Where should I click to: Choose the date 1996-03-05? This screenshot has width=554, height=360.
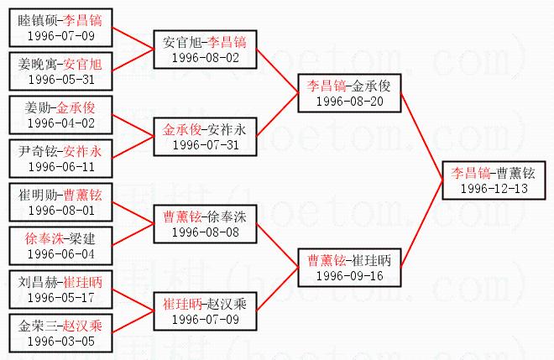pyautogui.click(x=60, y=341)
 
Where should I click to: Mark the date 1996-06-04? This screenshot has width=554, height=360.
pyautogui.click(x=60, y=254)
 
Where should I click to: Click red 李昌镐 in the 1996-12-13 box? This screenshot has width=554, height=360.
pyautogui.click(x=470, y=173)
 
